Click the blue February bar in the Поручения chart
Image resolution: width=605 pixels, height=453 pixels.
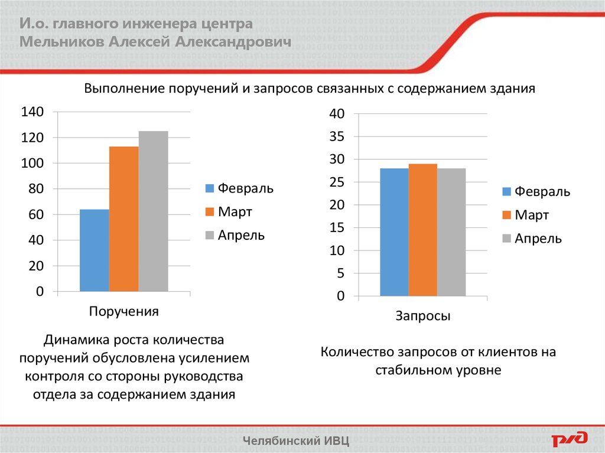click(x=95, y=250)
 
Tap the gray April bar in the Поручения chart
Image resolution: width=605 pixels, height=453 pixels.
click(x=153, y=211)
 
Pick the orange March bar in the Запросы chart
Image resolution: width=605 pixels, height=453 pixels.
click(x=422, y=230)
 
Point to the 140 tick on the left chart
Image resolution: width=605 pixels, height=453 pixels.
click(x=32, y=112)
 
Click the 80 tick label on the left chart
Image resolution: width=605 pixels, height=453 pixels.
click(x=35, y=189)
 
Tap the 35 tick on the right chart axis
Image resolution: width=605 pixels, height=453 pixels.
click(x=337, y=136)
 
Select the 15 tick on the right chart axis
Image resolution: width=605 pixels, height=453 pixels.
click(x=337, y=228)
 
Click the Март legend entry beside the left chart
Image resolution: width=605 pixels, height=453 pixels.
click(x=235, y=211)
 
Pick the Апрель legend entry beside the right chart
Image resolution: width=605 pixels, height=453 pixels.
click(x=538, y=239)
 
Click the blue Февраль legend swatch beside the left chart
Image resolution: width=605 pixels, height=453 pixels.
click(x=210, y=188)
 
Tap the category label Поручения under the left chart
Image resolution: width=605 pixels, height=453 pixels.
click(x=123, y=312)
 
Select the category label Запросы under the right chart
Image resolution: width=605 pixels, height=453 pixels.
click(x=422, y=316)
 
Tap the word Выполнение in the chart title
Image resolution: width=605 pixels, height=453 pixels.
click(x=125, y=89)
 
